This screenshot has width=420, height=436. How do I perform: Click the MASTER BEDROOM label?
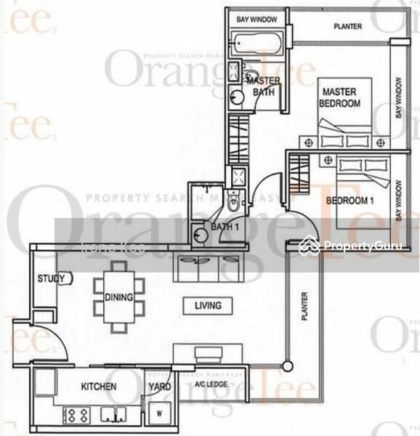pyautogui.click(x=339, y=98)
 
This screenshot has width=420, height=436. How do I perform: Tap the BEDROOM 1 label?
pyautogui.click(x=349, y=201)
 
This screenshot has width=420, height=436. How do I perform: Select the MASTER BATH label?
pyautogui.click(x=262, y=86)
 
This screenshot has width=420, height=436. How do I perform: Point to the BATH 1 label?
pyautogui.click(x=225, y=227)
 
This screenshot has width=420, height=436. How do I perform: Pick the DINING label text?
pyautogui.click(x=118, y=297)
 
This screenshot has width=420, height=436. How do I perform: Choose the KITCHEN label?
pyautogui.click(x=99, y=387)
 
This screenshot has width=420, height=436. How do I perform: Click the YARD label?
pyautogui.click(x=159, y=387)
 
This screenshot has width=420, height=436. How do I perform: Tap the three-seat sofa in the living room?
pyautogui.click(x=209, y=268)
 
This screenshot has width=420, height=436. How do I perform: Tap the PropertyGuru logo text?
pyautogui.click(x=363, y=246)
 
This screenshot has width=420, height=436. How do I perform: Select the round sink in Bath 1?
pyautogui.click(x=201, y=234)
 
